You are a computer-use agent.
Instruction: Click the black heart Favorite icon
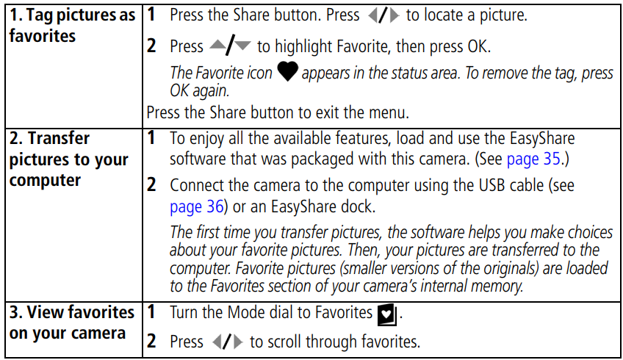(x=287, y=73)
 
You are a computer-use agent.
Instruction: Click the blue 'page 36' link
(x=196, y=205)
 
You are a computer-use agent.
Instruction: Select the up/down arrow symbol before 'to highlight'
(x=229, y=46)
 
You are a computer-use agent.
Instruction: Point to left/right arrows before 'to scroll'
(x=226, y=342)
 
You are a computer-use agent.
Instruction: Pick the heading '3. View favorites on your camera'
(x=72, y=323)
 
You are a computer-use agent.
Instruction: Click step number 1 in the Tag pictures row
(x=151, y=15)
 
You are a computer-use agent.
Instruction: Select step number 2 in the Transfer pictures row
(x=151, y=186)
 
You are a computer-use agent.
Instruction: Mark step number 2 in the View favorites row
(x=151, y=342)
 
